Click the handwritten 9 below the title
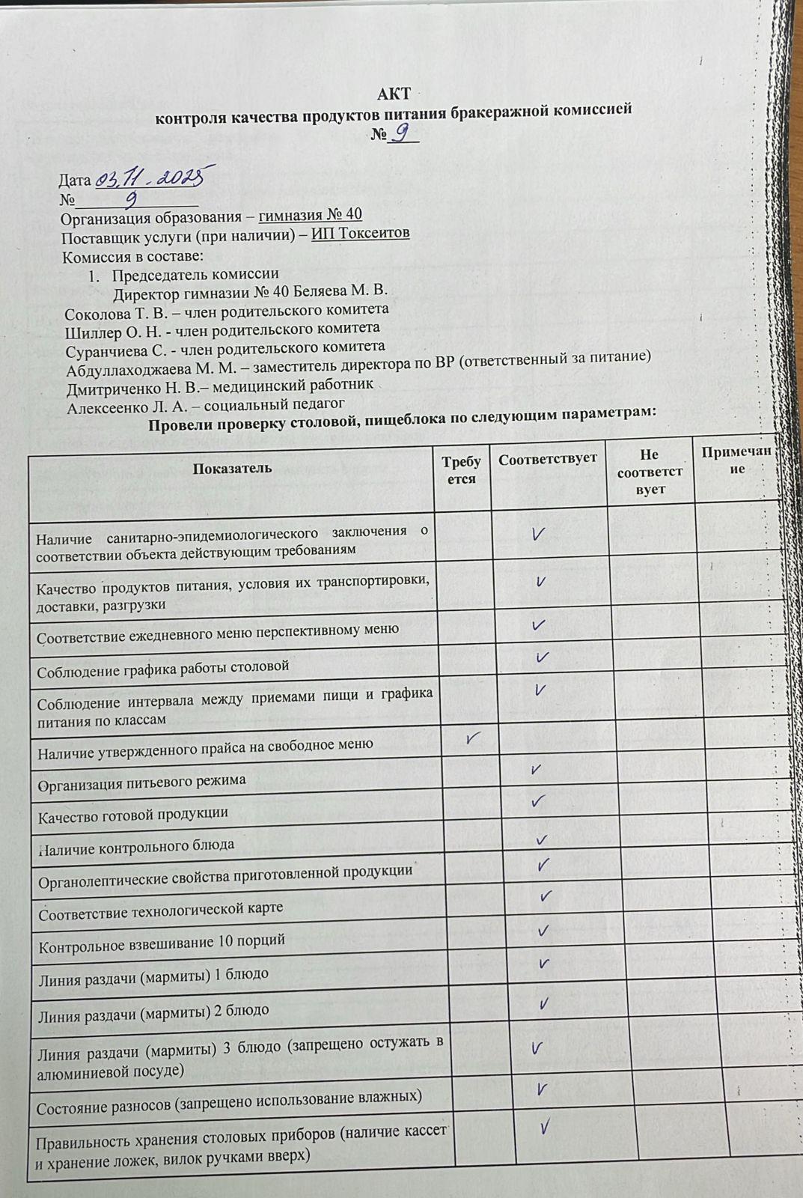tap(403, 133)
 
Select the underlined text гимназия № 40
tap(311, 215)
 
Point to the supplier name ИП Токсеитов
tap(361, 233)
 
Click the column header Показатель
tap(232, 469)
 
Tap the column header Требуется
tap(462, 470)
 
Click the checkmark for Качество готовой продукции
tap(538, 802)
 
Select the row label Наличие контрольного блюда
tap(136, 846)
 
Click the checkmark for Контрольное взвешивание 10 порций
tap(543, 931)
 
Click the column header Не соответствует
tap(650, 472)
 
